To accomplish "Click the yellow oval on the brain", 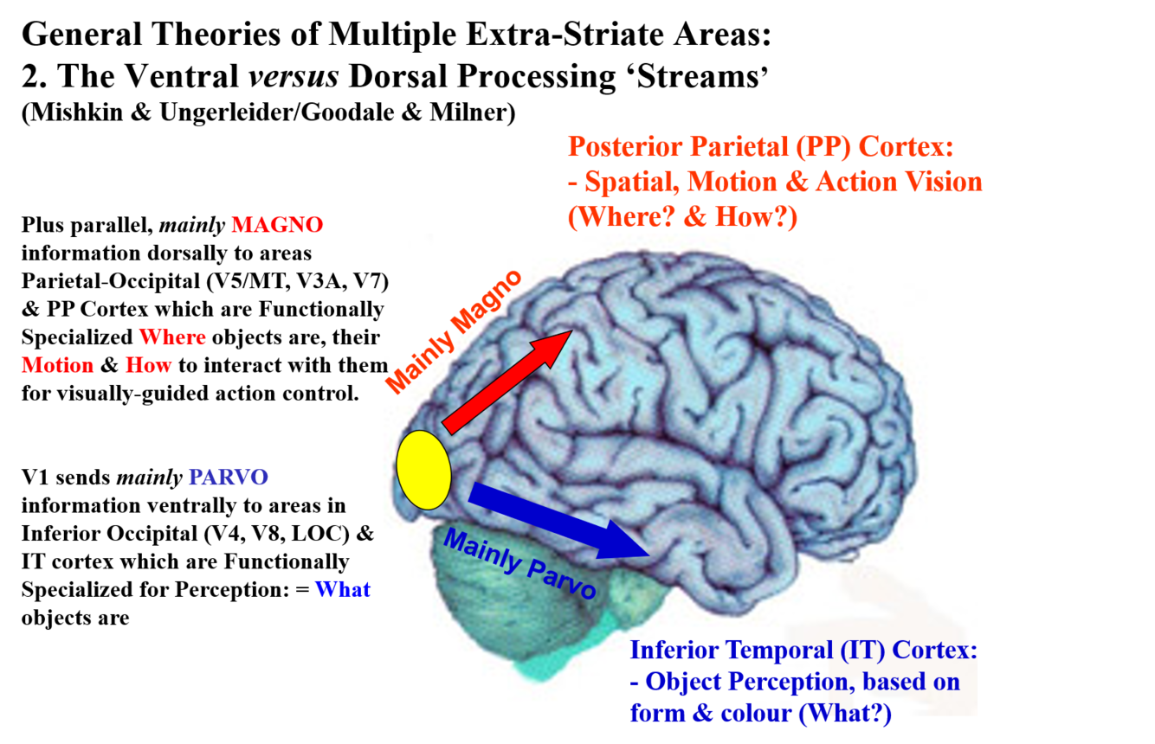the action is point(424,469).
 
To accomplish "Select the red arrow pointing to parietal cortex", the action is point(507,381).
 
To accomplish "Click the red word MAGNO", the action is point(277,225).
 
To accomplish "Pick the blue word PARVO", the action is point(229,478).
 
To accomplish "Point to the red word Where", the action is point(172,337).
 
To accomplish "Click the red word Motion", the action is point(57,365).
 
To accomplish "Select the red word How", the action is point(148,365).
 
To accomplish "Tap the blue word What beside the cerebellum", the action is point(342,590).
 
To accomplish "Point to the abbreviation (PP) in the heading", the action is point(825,147).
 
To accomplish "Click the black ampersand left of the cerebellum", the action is point(366,534).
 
